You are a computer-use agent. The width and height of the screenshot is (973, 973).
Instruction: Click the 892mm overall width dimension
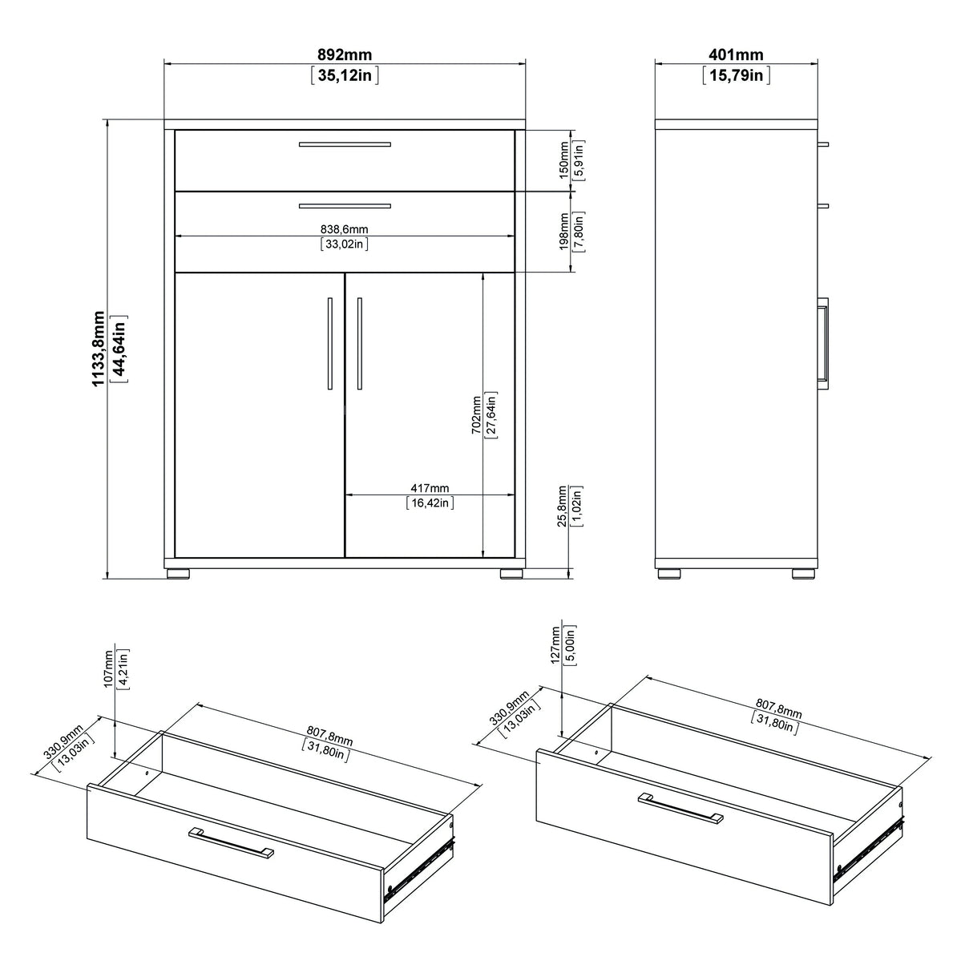click(344, 55)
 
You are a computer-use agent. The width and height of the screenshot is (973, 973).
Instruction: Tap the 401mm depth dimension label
click(736, 55)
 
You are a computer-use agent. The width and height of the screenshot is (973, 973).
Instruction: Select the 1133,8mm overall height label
click(99, 349)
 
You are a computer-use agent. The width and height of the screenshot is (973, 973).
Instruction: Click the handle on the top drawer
click(345, 144)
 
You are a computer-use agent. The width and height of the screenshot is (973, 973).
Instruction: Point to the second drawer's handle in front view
click(345, 206)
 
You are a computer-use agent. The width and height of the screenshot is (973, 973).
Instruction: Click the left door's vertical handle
click(329, 344)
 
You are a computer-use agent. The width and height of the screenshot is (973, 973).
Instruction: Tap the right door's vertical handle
click(360, 344)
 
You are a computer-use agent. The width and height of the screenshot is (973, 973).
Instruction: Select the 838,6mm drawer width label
click(344, 229)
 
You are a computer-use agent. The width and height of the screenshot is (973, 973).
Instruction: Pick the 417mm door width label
click(430, 488)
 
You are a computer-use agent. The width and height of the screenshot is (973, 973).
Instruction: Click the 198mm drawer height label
click(563, 232)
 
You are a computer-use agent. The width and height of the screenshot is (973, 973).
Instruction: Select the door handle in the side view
click(823, 340)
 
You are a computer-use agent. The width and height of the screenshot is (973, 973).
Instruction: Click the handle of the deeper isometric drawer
click(680, 807)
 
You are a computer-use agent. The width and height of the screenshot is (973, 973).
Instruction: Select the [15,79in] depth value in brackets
click(737, 76)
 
